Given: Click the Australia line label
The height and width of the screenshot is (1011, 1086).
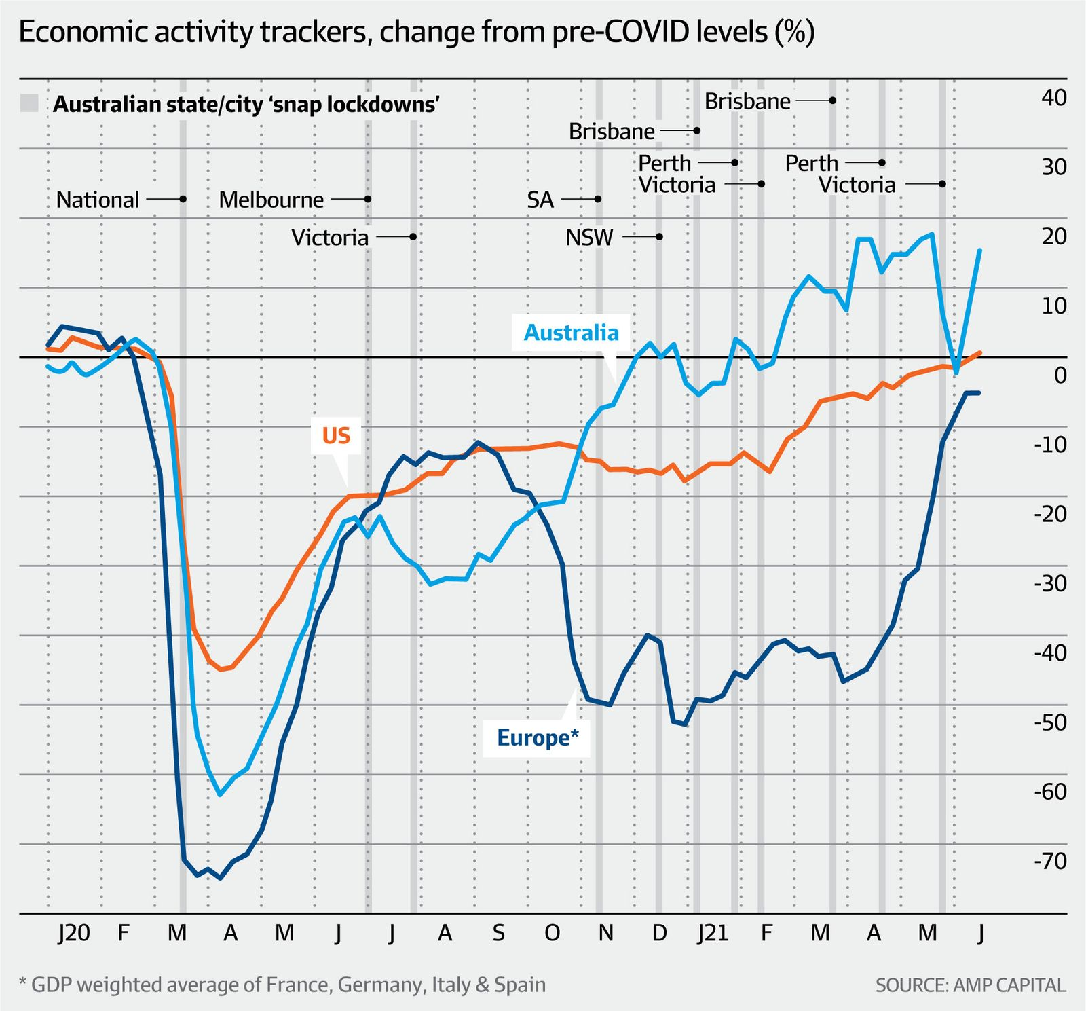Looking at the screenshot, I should pyautogui.click(x=571, y=333).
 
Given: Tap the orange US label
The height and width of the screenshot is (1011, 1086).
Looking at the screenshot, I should pyautogui.click(x=336, y=435).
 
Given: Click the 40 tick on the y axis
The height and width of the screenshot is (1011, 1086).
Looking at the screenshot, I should pyautogui.click(x=1053, y=98).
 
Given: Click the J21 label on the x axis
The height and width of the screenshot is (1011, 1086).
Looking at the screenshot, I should pyautogui.click(x=713, y=934).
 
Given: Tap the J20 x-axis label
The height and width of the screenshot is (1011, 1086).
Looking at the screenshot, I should pyautogui.click(x=73, y=934).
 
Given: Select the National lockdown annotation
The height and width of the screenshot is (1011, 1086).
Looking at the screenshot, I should pyautogui.click(x=98, y=200).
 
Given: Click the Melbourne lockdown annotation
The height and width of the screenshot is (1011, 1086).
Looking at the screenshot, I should pyautogui.click(x=271, y=200).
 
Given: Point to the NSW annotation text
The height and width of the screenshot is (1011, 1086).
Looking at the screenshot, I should pyautogui.click(x=589, y=238).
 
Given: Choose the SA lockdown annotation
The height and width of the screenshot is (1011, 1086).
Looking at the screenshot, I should pyautogui.click(x=540, y=200).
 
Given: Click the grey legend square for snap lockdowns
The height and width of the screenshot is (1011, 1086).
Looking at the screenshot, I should pyautogui.click(x=29, y=104).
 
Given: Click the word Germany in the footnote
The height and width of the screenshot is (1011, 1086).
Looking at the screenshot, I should pyautogui.click(x=380, y=985).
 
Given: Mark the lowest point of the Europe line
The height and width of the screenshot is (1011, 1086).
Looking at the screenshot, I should pyautogui.click(x=221, y=878).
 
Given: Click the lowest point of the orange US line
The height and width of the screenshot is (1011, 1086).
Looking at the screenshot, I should pyautogui.click(x=221, y=669).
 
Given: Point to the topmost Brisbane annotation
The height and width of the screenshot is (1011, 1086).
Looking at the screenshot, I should pyautogui.click(x=747, y=101).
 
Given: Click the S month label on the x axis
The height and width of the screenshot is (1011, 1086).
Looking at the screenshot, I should pyautogui.click(x=498, y=934).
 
